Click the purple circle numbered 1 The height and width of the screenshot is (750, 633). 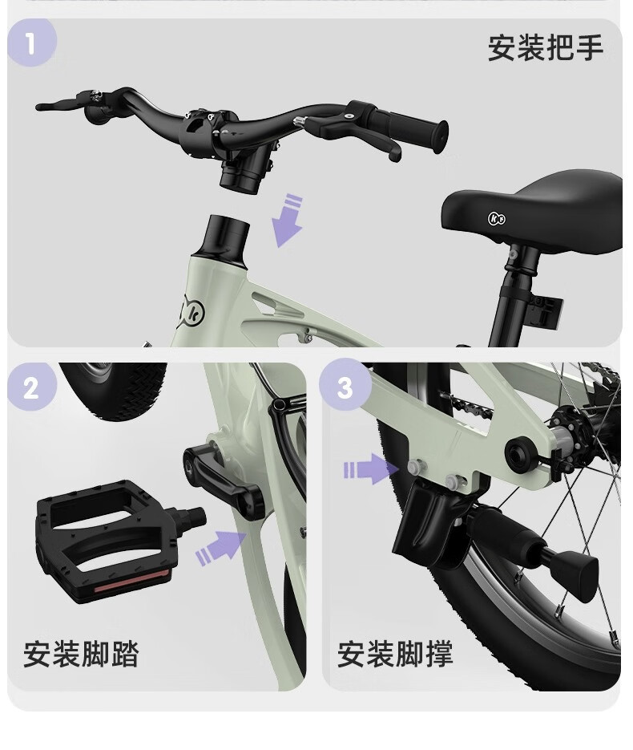pyautogui.click(x=32, y=43)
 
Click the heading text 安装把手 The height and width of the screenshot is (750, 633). pyautogui.click(x=546, y=47)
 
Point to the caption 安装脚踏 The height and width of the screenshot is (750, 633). pyautogui.click(x=81, y=654)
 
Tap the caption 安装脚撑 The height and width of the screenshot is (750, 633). pyautogui.click(x=395, y=654)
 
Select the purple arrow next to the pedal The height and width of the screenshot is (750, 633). pyautogui.click(x=221, y=548)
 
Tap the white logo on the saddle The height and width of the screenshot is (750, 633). pyautogui.click(x=496, y=219)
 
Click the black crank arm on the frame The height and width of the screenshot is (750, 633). pyautogui.click(x=224, y=481)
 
